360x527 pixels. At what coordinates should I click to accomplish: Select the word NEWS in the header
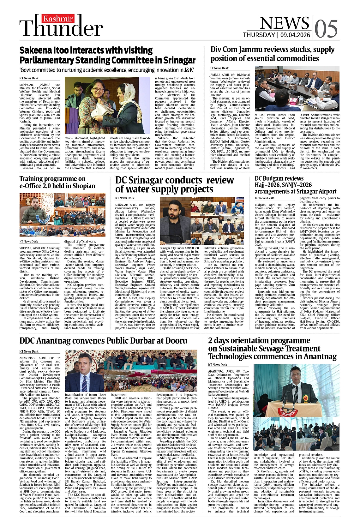284,23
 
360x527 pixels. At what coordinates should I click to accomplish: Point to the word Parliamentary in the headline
51,60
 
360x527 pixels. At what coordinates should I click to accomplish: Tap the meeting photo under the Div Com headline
297,88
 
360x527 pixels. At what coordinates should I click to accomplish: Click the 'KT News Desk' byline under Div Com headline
219,68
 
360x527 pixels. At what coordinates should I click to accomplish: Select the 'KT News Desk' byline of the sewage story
218,365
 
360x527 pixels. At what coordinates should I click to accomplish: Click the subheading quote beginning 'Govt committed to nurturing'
106,70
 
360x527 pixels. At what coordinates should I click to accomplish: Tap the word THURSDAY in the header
259,35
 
